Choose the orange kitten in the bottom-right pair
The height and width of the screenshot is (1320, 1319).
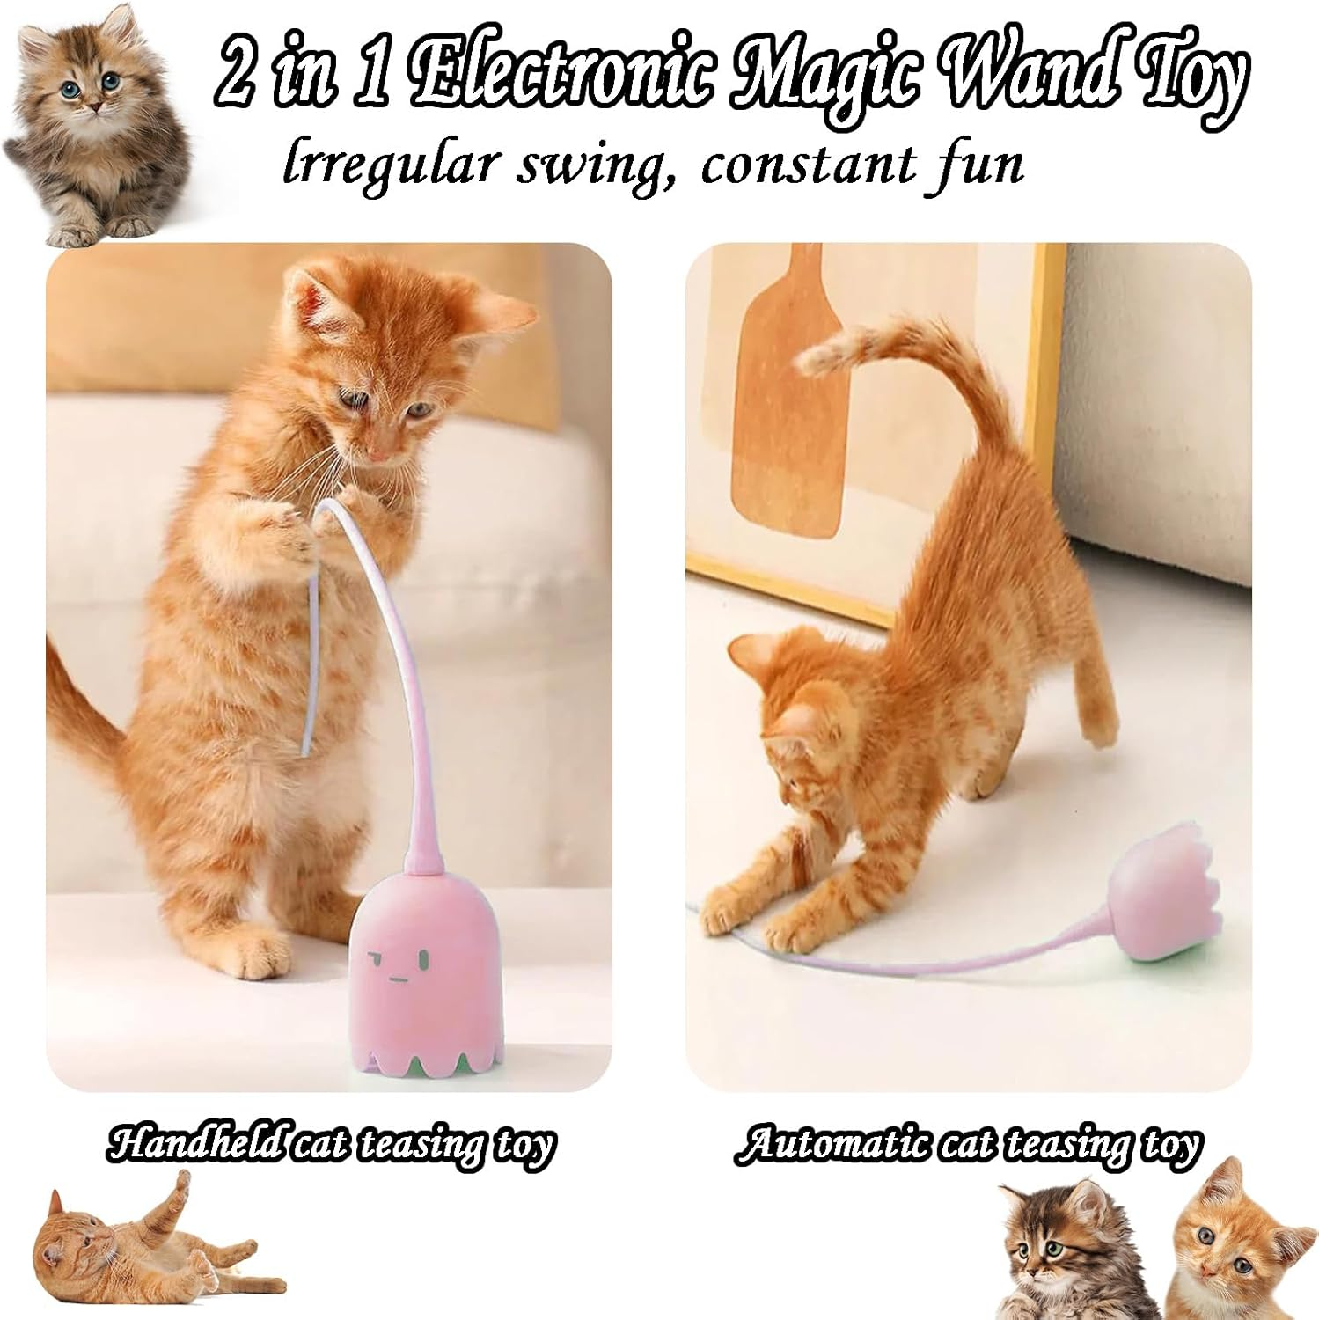point(1232,1241)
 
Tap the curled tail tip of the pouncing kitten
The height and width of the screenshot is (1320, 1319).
point(823,356)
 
